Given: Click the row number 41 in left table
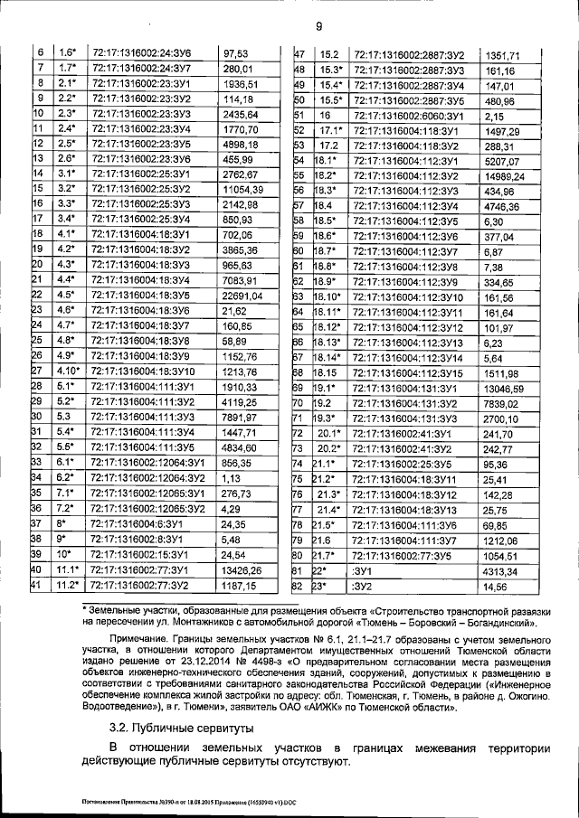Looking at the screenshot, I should pos(38,585).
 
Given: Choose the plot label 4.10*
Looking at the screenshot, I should pos(68,371).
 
